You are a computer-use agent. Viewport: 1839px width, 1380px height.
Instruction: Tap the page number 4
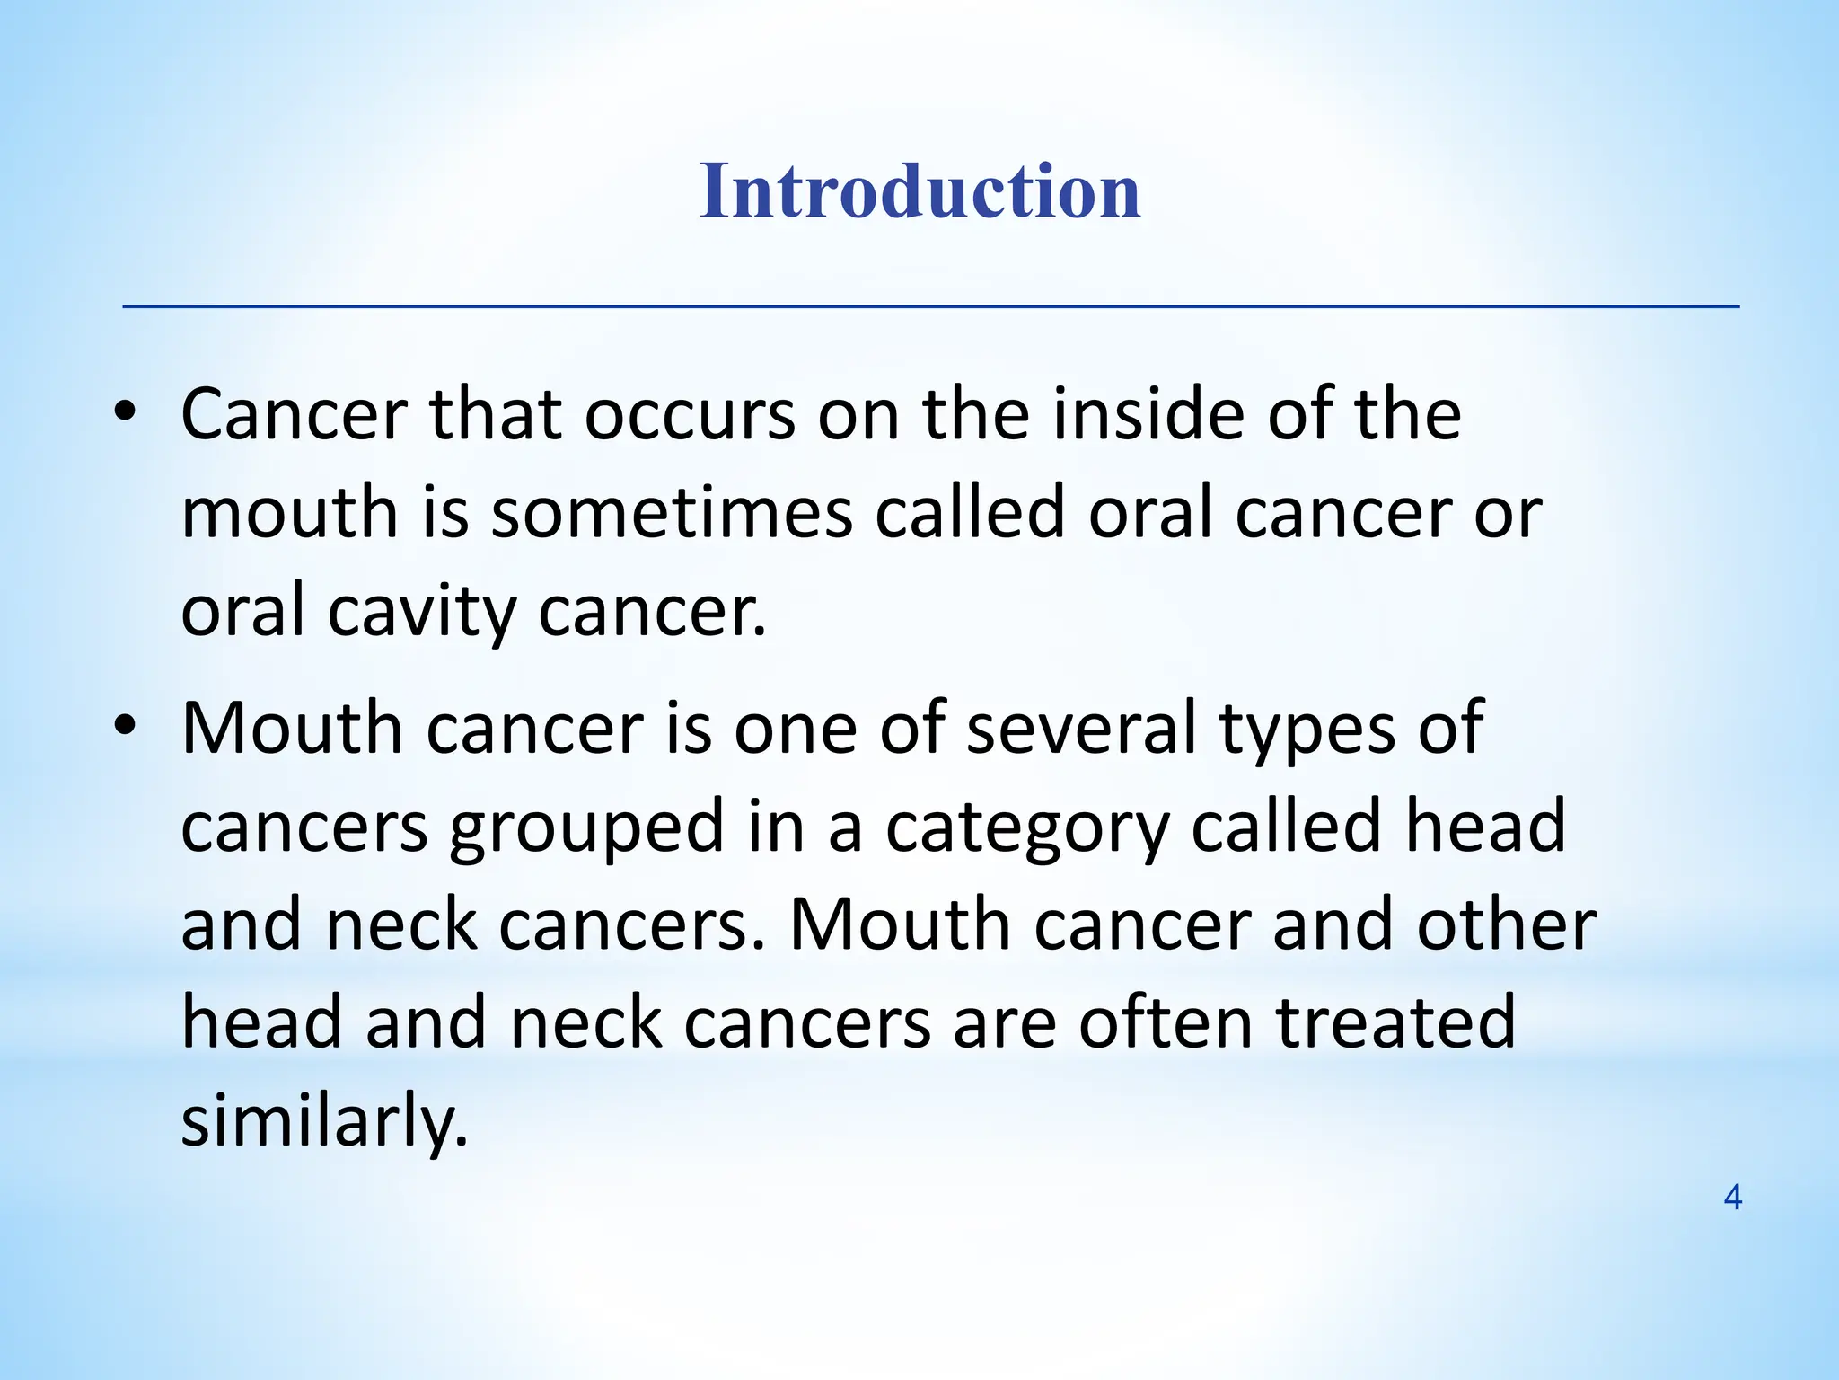click(x=1732, y=1198)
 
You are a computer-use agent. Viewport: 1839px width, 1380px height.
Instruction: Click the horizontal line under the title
click(x=930, y=306)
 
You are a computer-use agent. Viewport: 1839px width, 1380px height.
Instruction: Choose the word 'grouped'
click(x=585, y=827)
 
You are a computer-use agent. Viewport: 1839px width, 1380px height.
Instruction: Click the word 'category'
click(x=1025, y=827)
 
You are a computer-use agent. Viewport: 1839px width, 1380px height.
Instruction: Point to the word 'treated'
click(x=1395, y=1022)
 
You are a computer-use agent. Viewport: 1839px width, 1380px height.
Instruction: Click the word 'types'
click(x=1307, y=728)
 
